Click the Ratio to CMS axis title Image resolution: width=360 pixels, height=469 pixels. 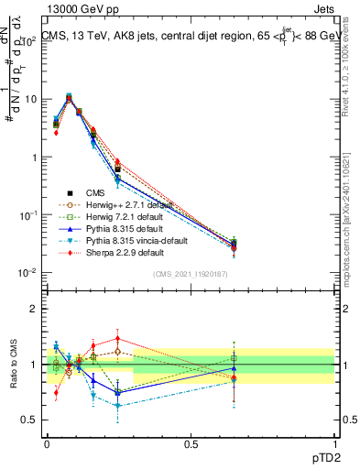13,365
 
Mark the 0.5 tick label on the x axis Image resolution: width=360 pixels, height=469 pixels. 191,442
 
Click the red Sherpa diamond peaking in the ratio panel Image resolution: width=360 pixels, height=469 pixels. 117,338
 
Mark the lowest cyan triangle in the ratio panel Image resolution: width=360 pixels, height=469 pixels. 117,404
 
